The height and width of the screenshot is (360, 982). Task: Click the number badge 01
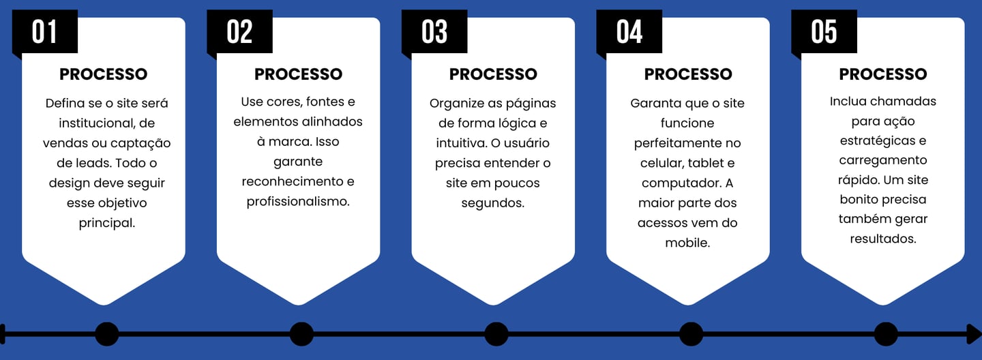[45, 32]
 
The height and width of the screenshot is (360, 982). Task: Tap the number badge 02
[240, 32]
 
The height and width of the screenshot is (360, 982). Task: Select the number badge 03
[434, 32]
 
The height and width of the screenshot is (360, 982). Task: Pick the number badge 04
[629, 32]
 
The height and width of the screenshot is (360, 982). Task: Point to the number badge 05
[824, 32]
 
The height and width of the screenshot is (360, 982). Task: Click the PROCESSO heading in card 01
[104, 74]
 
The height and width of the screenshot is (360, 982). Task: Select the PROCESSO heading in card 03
[493, 74]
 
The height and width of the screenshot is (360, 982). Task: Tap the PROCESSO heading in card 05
[883, 74]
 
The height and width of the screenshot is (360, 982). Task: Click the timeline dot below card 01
[106, 334]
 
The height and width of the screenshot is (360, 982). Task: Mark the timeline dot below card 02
[301, 334]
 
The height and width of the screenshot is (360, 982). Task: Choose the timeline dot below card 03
[496, 334]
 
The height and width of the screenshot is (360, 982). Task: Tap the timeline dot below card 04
[691, 334]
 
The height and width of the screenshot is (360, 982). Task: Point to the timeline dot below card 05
[886, 334]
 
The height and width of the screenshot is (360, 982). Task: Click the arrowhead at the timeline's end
[974, 334]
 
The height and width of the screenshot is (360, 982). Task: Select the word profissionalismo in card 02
[298, 201]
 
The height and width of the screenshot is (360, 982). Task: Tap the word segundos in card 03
[493, 202]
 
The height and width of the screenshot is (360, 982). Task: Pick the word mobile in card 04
[687, 243]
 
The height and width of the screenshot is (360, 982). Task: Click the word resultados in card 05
[882, 239]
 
